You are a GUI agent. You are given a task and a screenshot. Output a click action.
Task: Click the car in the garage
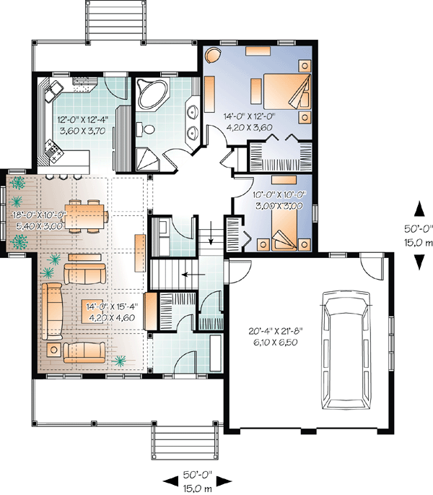pyautogui.click(x=346, y=350)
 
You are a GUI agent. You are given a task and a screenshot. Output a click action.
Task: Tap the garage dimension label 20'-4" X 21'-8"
pyautogui.click(x=276, y=331)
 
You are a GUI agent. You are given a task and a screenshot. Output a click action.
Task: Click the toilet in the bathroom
pyautogui.click(x=145, y=129)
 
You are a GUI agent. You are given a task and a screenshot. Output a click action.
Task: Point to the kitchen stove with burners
pyautogui.click(x=53, y=152)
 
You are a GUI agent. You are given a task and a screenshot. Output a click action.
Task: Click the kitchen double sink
pyautogui.click(x=53, y=91)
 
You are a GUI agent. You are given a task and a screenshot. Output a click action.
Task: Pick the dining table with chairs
pyautogui.click(x=87, y=216)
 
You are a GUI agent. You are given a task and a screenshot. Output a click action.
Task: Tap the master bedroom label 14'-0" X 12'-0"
pyautogui.click(x=249, y=116)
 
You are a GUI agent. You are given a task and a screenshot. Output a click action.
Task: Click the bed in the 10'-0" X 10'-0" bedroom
pyautogui.click(x=284, y=228)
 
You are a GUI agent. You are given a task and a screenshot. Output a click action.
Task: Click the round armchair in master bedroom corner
pyautogui.click(x=213, y=55)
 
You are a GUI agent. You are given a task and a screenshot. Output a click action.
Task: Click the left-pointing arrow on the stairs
pyautogui.click(x=194, y=275)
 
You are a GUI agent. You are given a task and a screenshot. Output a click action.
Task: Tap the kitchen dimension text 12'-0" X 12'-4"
pyautogui.click(x=83, y=119)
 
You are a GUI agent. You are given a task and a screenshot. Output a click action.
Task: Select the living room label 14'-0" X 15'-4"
pyautogui.click(x=112, y=306)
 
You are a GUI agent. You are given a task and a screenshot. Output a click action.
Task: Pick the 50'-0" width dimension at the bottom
pyautogui.click(x=198, y=475)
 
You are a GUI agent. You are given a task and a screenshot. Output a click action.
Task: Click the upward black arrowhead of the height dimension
pyautogui.click(x=419, y=210)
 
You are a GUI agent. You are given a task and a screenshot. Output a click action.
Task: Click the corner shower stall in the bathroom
pyautogui.click(x=148, y=160)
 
